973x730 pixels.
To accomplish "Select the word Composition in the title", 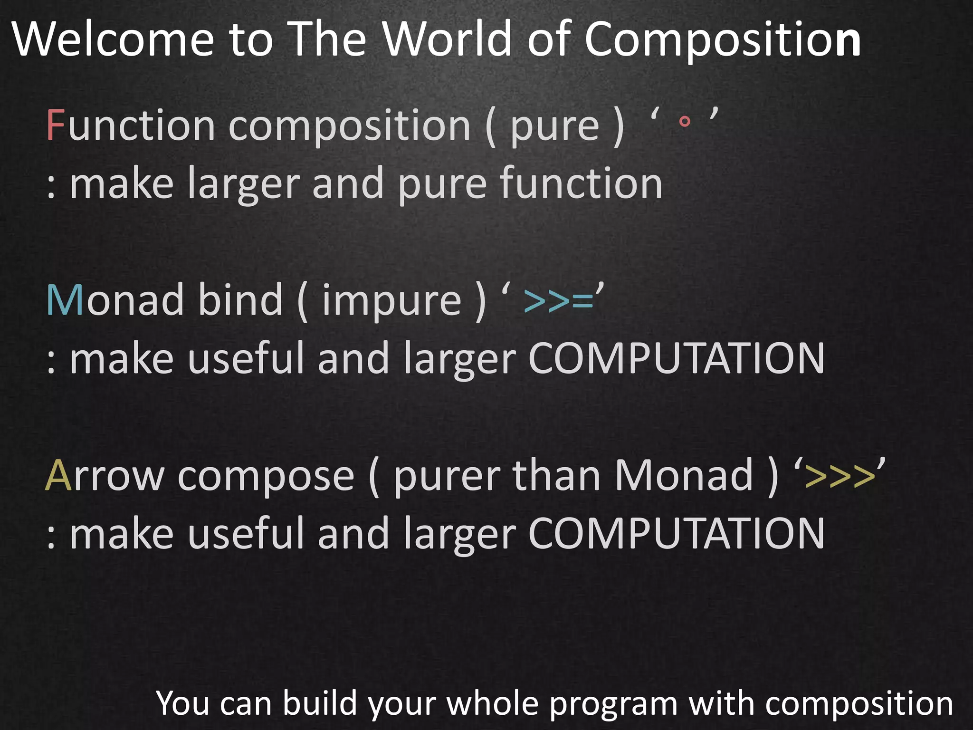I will pos(722,40).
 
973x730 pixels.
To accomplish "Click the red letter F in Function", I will pos(56,125).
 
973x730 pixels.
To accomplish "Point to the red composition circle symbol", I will pos(685,122).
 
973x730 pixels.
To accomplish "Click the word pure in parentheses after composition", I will pos(554,126).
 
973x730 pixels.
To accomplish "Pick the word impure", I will pos(392,301).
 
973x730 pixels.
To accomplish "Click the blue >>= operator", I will pos(559,301).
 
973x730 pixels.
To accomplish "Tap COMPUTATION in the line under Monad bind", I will pos(676,358).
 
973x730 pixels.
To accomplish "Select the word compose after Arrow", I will pos(266,476).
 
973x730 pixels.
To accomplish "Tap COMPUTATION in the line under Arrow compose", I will pos(676,534).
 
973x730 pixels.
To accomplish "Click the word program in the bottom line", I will pos(613,704).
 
